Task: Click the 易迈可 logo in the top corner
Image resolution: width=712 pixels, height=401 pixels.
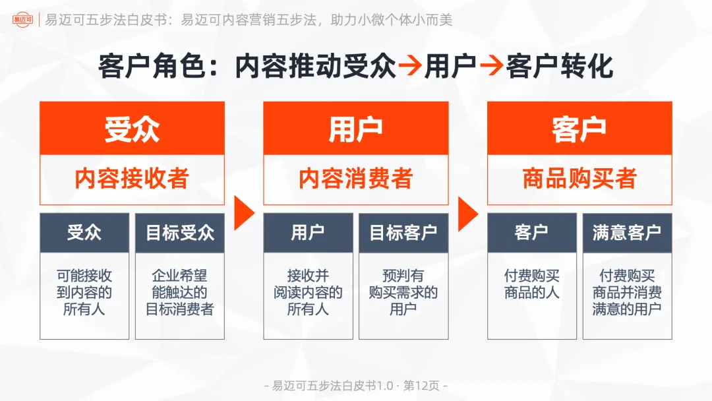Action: click(22, 20)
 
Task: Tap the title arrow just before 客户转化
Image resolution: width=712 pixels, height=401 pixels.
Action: click(491, 67)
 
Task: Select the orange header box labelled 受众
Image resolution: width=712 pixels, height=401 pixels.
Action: click(132, 129)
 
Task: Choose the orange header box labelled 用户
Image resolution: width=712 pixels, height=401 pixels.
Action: click(355, 129)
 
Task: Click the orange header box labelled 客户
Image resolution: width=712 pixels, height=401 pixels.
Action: click(579, 129)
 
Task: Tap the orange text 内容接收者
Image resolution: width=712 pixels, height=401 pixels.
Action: click(132, 179)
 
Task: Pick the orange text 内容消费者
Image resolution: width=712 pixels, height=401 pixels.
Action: click(355, 179)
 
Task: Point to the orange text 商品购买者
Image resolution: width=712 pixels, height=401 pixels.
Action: click(579, 179)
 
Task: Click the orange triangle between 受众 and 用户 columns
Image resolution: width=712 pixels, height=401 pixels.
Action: click(243, 212)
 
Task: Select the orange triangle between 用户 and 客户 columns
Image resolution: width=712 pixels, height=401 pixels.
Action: click(467, 212)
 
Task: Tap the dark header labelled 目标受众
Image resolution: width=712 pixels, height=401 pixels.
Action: click(180, 233)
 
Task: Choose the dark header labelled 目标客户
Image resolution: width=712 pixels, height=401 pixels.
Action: click(403, 233)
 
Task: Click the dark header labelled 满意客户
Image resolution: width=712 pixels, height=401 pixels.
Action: click(627, 233)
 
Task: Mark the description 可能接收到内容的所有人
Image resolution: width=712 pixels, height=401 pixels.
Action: click(84, 292)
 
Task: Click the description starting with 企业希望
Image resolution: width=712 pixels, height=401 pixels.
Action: click(180, 292)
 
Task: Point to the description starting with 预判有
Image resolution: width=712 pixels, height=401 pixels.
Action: click(403, 292)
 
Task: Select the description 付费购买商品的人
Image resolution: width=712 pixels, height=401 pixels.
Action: click(531, 284)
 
